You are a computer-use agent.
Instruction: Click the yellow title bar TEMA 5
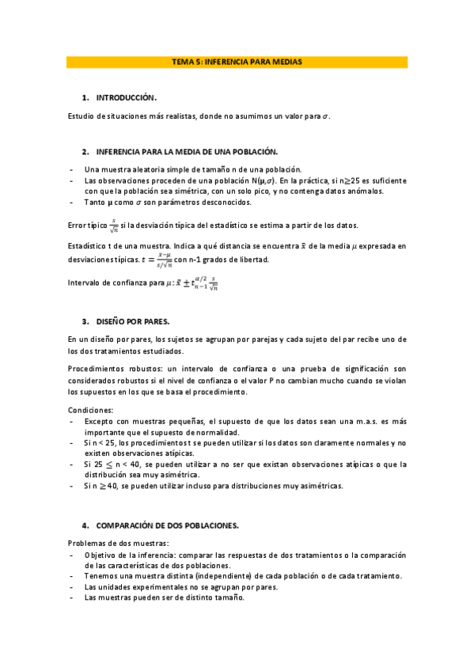tap(237, 61)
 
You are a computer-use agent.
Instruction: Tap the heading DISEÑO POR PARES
tap(132, 322)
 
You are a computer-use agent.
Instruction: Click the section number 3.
tap(85, 322)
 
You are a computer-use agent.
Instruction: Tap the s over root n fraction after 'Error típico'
tap(114, 226)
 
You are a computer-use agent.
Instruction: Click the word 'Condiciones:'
tap(90, 410)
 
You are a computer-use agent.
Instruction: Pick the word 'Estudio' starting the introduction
tap(82, 116)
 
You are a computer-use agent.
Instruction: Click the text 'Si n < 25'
tap(100, 443)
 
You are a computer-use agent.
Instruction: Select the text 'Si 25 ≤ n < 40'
tap(112, 464)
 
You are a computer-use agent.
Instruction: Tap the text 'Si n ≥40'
tap(100, 486)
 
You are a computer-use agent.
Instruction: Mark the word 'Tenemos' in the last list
tap(101, 576)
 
